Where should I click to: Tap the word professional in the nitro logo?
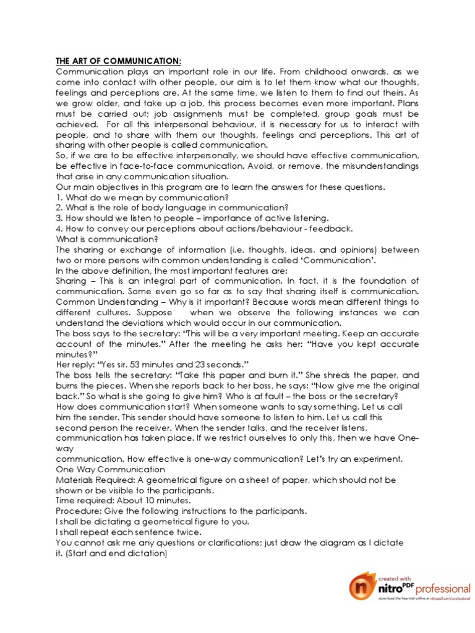[x=443, y=587]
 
